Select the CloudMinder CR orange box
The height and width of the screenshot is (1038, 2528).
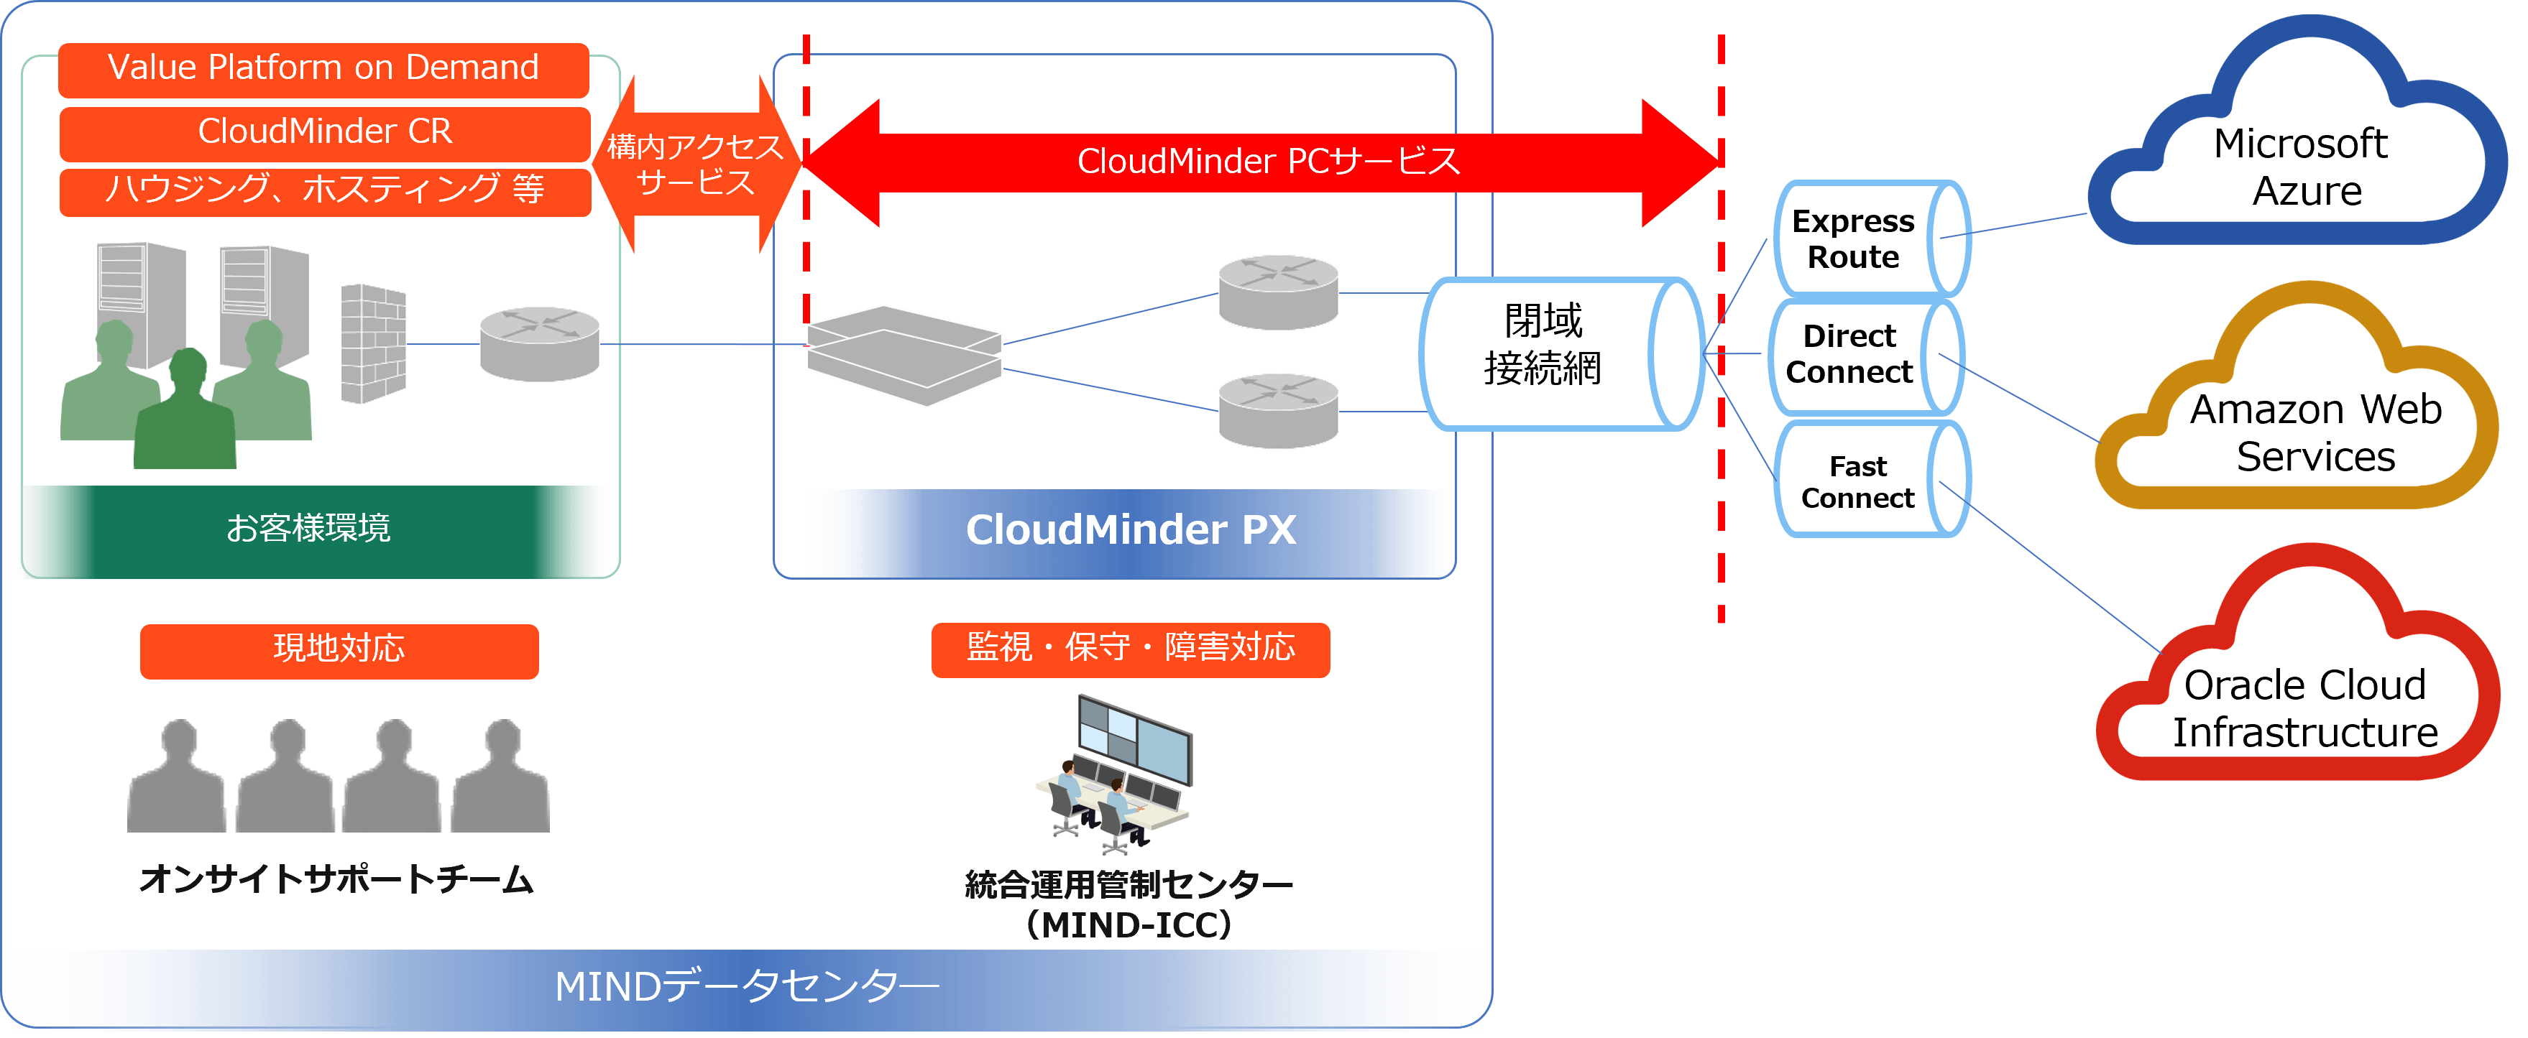point(324,132)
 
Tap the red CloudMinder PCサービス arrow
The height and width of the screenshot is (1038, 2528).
point(1266,162)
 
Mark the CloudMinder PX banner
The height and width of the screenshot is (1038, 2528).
point(1131,532)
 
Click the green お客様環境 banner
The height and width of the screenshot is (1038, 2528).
point(308,530)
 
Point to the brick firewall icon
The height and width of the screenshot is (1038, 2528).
point(373,343)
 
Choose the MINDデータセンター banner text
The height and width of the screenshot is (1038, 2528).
point(746,987)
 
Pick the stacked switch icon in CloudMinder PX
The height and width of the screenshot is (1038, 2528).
point(903,355)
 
